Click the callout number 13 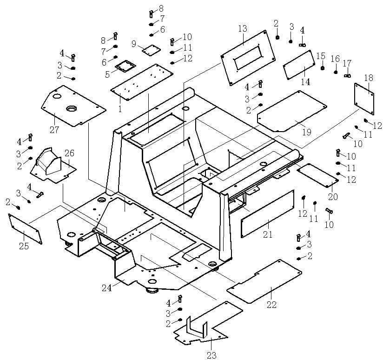coord(243,29)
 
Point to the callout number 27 coord(54,130)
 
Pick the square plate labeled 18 coord(365,98)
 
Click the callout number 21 coord(267,234)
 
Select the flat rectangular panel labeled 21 coord(267,214)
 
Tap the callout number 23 coord(211,355)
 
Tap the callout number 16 coord(335,59)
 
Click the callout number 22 coord(271,305)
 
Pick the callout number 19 coord(306,132)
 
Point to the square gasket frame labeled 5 coord(122,67)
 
